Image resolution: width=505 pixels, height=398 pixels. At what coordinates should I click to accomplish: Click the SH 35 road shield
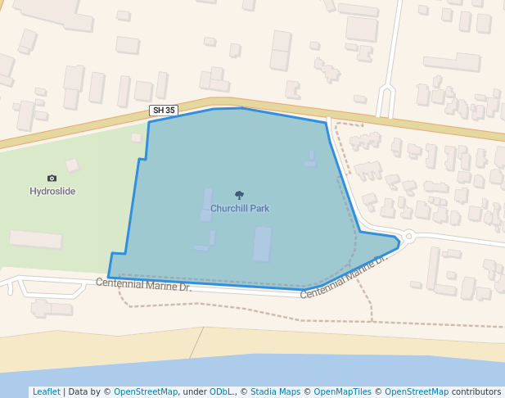(164, 111)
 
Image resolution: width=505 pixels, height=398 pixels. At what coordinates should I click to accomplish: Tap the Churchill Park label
(240, 209)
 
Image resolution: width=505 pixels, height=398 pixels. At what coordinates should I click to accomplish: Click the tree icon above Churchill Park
(239, 195)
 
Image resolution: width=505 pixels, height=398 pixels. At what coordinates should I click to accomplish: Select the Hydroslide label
(52, 192)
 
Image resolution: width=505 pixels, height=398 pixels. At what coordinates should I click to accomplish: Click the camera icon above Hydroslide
(52, 178)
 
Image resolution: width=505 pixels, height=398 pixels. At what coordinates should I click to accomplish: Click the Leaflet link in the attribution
(46, 392)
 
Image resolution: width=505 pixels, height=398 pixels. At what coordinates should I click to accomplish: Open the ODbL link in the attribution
(221, 392)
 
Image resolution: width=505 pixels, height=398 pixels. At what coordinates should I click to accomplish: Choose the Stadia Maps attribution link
(275, 392)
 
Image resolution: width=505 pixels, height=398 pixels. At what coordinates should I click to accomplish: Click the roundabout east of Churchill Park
(408, 237)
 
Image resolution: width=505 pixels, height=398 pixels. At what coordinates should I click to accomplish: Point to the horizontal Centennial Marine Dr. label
(143, 285)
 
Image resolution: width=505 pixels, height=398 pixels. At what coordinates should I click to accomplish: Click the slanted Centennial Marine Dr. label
(343, 277)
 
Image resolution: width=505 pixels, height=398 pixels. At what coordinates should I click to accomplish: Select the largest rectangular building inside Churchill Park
(262, 244)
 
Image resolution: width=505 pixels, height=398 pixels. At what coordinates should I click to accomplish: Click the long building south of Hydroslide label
(36, 239)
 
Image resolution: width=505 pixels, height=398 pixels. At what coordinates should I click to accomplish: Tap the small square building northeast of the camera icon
(72, 165)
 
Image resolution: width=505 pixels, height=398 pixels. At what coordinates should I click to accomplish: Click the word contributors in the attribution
(476, 392)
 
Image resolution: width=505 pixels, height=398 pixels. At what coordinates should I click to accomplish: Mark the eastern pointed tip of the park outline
(399, 241)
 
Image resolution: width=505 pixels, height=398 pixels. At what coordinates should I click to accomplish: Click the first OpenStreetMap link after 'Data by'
(146, 392)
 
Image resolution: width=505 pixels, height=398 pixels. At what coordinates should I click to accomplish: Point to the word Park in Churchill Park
(259, 209)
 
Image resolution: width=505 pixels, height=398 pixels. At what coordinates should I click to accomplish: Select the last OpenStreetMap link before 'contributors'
(417, 392)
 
